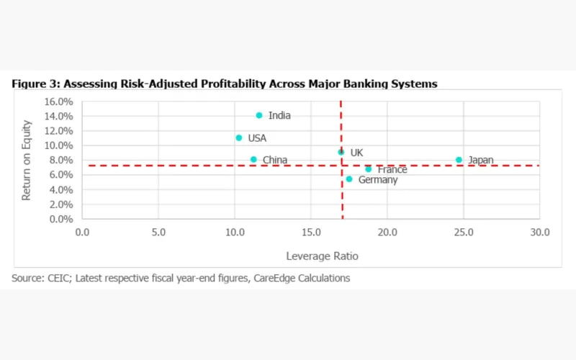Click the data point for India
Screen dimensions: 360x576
pyautogui.click(x=259, y=115)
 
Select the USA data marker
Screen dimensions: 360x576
pyautogui.click(x=239, y=138)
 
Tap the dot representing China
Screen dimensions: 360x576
pyautogui.click(x=253, y=160)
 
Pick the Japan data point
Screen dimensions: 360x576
pyautogui.click(x=459, y=160)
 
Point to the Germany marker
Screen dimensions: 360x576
pyautogui.click(x=349, y=179)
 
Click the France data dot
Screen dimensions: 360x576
pyautogui.click(x=369, y=169)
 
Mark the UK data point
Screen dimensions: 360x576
pyautogui.click(x=341, y=152)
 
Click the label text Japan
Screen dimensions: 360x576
pyautogui.click(x=480, y=160)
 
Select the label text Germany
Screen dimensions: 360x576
pyautogui.click(x=377, y=180)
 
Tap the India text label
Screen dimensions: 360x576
pyautogui.click(x=279, y=115)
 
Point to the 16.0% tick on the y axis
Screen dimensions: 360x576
pyautogui.click(x=58, y=101)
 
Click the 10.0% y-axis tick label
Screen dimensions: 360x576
pyautogui.click(x=58, y=145)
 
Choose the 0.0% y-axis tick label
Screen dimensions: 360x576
pyautogui.click(x=60, y=219)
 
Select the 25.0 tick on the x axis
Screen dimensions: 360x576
pyautogui.click(x=464, y=233)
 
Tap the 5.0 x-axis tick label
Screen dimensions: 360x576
pyautogui.click(x=158, y=233)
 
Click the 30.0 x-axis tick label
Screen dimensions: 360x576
pyautogui.click(x=539, y=233)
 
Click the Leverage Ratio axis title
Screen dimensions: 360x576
pyautogui.click(x=322, y=256)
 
